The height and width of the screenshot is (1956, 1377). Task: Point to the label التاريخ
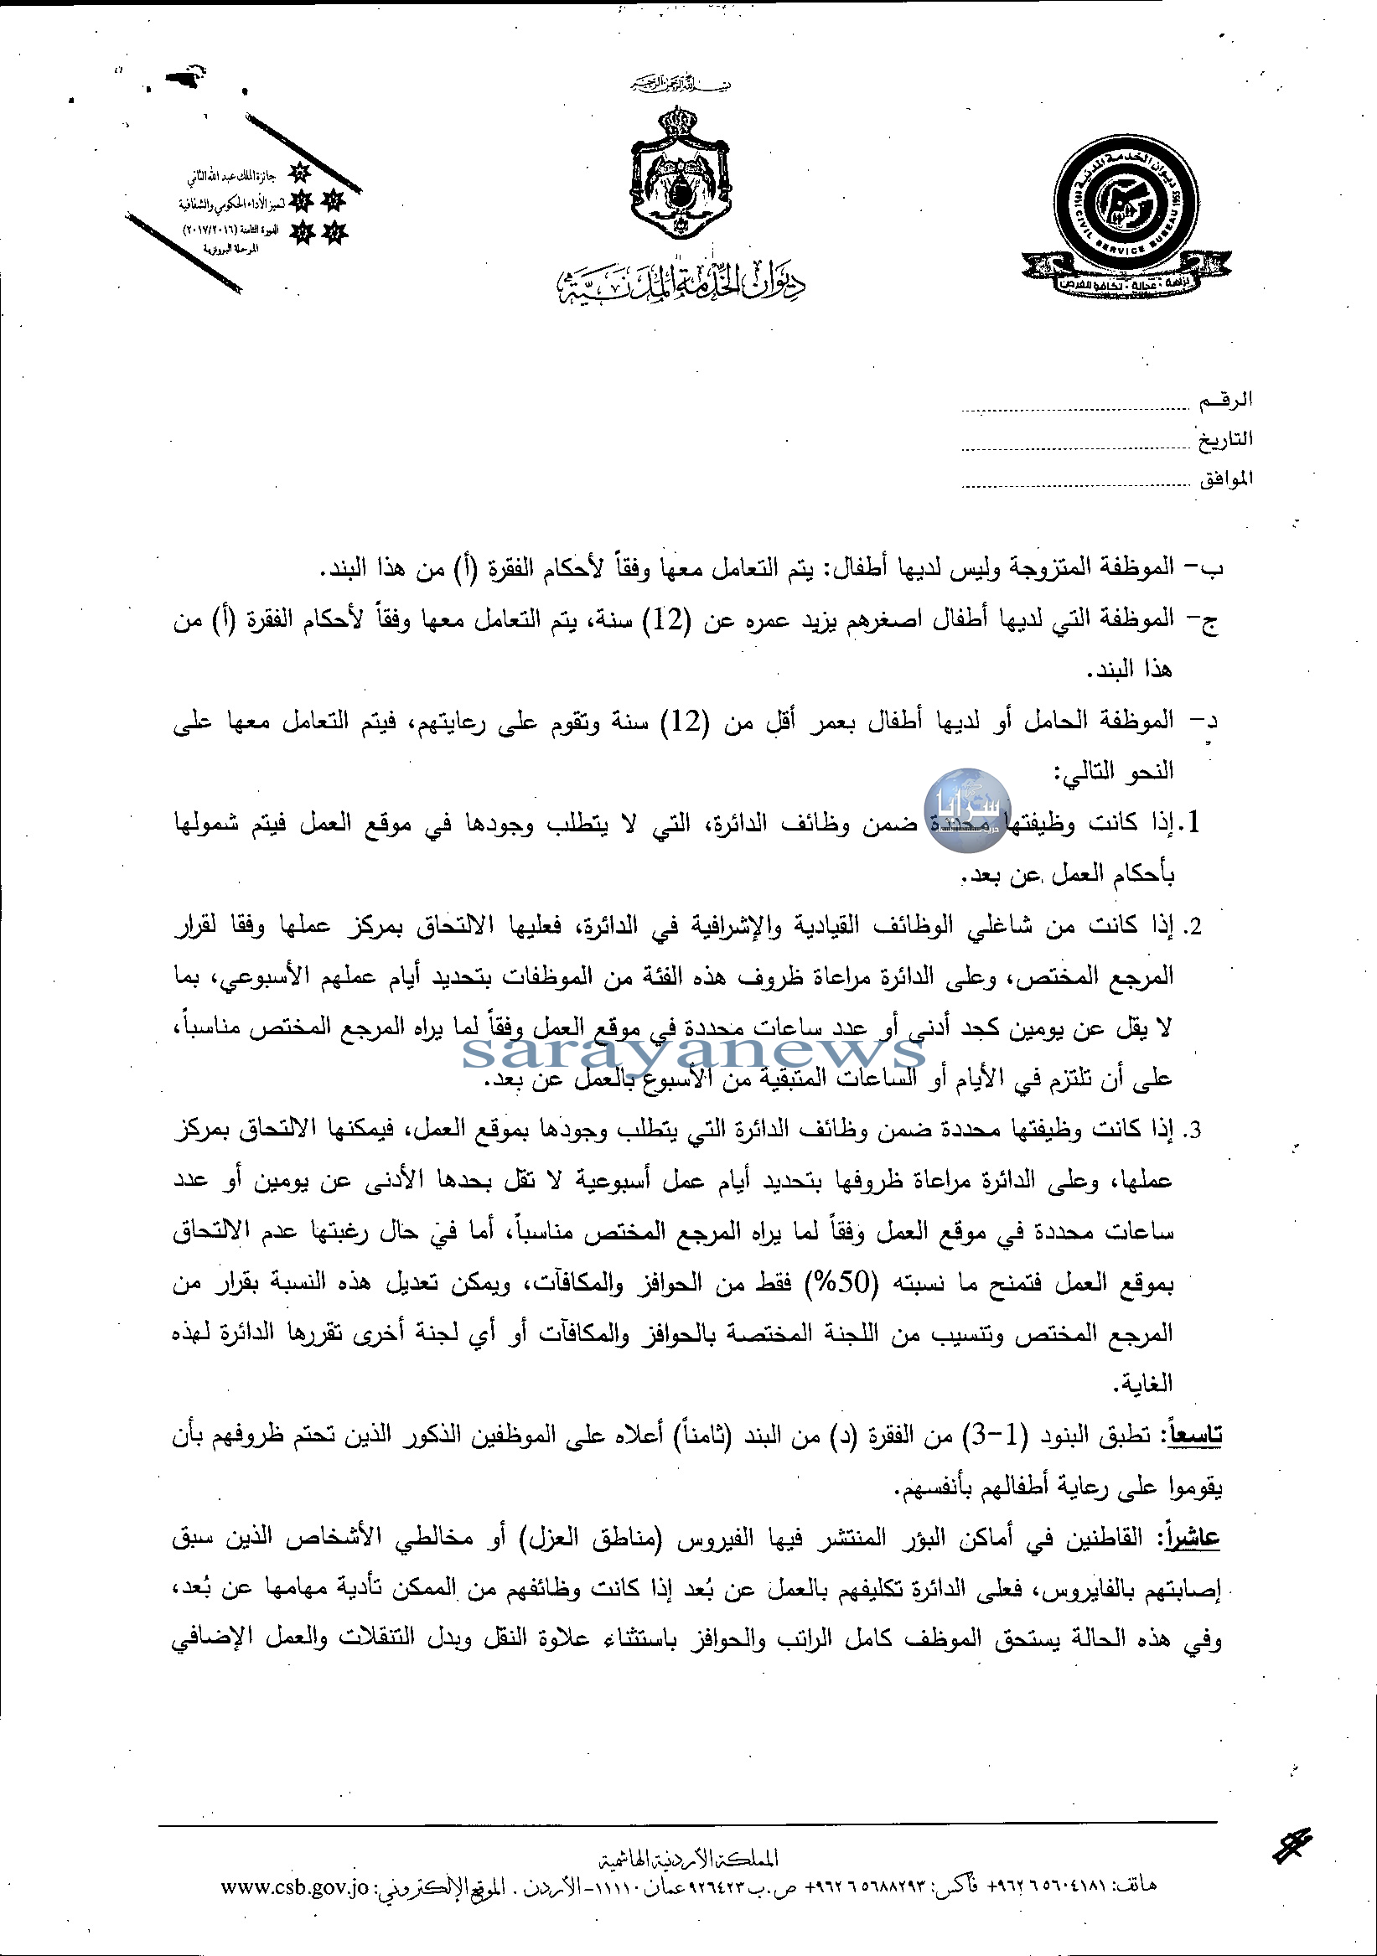coord(1225,439)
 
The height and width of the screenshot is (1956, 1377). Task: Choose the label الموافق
coord(1225,478)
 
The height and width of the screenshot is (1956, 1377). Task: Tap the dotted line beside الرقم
coord(1075,410)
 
